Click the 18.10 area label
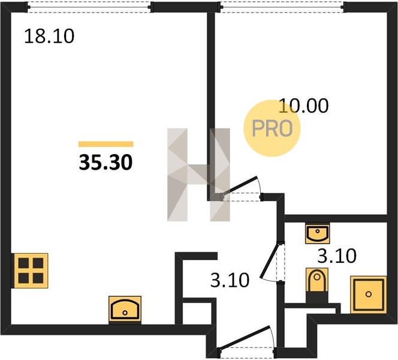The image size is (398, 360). point(49,37)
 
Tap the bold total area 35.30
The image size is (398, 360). point(105,163)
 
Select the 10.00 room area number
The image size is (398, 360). point(303,106)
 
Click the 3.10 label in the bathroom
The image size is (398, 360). point(337,256)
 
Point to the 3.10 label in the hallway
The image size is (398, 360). point(230,280)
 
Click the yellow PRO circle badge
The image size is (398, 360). point(272,128)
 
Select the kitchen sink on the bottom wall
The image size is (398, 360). point(125,309)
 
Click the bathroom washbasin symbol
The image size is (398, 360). point(317,233)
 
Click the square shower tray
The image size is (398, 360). point(368,295)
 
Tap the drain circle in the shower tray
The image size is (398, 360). point(368,294)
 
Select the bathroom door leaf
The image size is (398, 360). point(270,260)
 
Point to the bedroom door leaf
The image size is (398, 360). point(240,187)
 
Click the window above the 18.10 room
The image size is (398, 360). point(89,7)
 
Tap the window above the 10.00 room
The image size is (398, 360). point(282,7)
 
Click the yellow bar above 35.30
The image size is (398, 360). point(106,144)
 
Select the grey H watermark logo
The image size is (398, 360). point(198,175)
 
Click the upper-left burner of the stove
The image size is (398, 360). point(23,263)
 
